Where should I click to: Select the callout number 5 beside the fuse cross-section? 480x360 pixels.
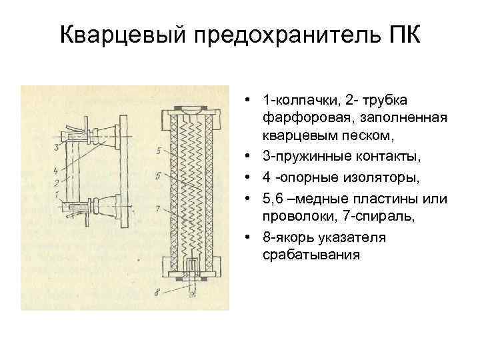pyautogui.click(x=158, y=151)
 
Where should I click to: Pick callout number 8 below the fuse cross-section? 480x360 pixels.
pyautogui.click(x=158, y=291)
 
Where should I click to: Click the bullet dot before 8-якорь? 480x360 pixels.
pyautogui.click(x=248, y=238)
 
